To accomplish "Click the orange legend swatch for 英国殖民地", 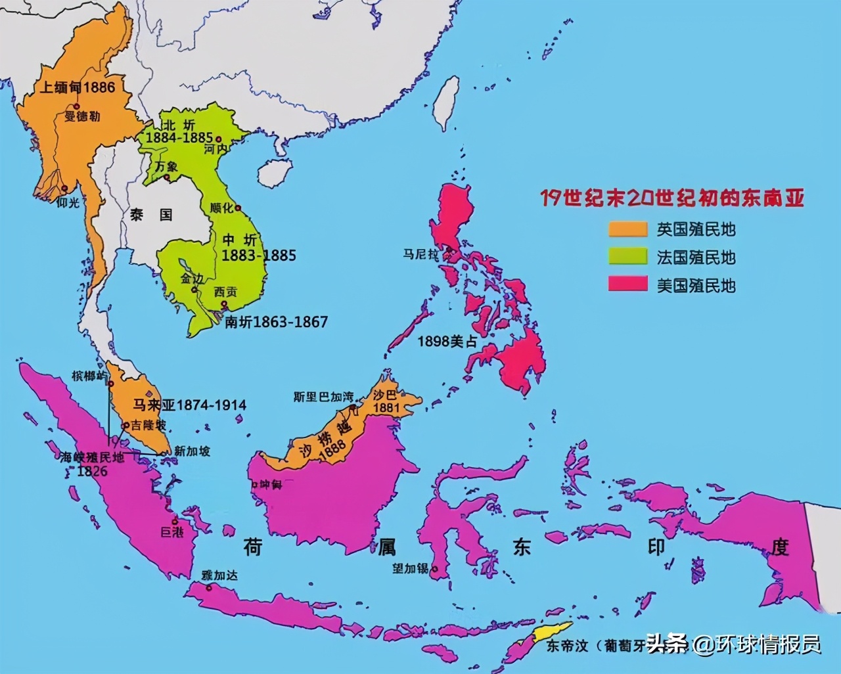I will (628, 229).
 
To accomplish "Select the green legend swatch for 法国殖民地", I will (628, 257).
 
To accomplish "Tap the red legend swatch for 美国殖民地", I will (628, 285).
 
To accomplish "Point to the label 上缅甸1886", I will (77, 87).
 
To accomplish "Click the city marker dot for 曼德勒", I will (77, 106).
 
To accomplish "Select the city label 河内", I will (215, 150).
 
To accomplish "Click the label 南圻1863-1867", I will (276, 322).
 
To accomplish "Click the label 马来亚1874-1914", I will (190, 405).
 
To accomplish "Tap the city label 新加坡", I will (192, 451).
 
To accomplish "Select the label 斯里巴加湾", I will (323, 397).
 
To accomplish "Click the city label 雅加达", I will (219, 575).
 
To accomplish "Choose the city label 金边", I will (191, 278).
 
